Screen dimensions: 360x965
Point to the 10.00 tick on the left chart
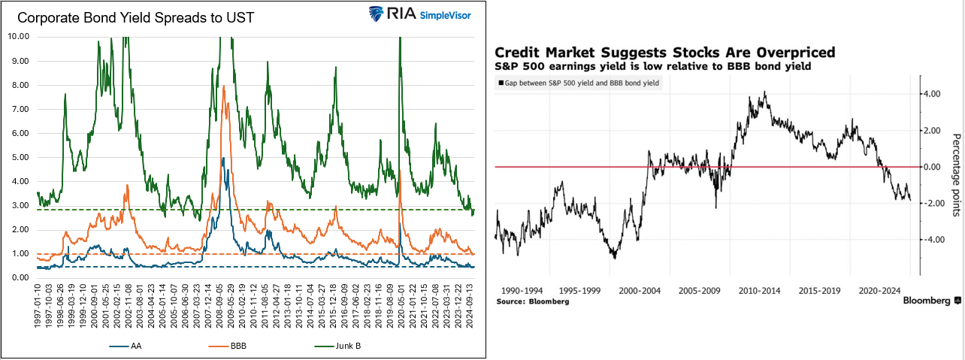[17, 36]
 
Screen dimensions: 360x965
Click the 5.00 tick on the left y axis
[19, 157]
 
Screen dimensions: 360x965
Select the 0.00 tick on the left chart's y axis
[19, 278]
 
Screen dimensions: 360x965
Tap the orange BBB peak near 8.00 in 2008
[223, 86]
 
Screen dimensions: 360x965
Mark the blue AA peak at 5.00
[222, 159]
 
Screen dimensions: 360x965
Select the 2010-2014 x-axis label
[759, 289]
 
